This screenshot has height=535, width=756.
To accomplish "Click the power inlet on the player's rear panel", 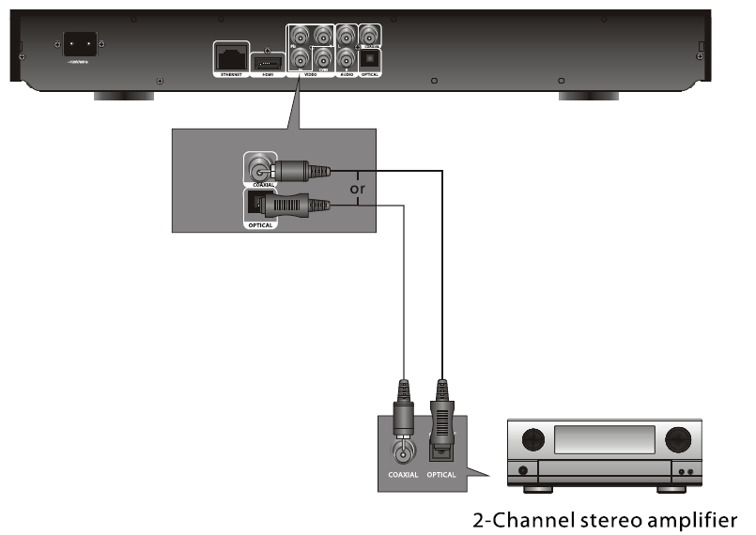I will [x=82, y=44].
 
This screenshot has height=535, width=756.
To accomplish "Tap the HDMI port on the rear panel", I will [x=266, y=57].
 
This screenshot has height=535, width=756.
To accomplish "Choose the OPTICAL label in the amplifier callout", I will [x=440, y=475].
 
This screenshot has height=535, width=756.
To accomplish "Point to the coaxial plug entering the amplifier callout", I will [x=403, y=407].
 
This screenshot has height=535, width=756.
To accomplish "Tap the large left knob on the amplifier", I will [x=532, y=440].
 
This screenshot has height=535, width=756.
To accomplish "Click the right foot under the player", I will [x=589, y=96].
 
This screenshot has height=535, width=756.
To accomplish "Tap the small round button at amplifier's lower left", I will [x=523, y=471].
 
